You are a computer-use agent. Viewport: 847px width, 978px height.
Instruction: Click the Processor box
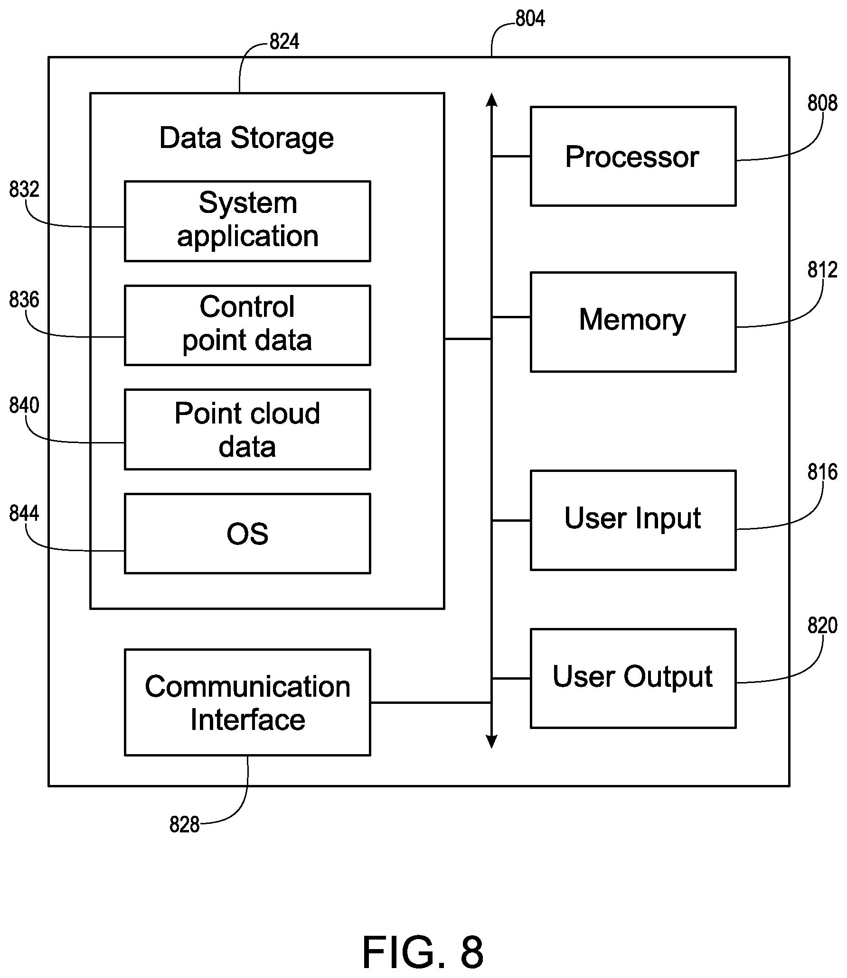(633, 156)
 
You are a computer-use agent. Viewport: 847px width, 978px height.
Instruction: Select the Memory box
(633, 322)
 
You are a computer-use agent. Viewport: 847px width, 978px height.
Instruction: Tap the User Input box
(633, 520)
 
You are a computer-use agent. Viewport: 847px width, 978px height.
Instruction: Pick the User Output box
(633, 679)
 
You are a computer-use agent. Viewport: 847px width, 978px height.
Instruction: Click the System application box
(247, 221)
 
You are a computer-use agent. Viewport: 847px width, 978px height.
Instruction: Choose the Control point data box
(247, 325)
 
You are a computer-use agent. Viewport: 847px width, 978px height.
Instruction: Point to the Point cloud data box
(247, 430)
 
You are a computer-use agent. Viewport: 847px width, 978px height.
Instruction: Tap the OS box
(247, 534)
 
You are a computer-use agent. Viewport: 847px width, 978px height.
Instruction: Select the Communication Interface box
(247, 702)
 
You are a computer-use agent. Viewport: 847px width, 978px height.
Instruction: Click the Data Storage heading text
(246, 138)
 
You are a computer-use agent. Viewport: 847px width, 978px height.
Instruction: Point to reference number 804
(530, 18)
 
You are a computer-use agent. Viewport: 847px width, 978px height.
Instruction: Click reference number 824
(284, 42)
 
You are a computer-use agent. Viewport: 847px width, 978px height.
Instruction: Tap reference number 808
(822, 103)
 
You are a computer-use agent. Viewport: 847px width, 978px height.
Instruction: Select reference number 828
(184, 825)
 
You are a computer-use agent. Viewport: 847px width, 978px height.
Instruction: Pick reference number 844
(24, 513)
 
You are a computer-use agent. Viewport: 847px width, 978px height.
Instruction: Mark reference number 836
(24, 300)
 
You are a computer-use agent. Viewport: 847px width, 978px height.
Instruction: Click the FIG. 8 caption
(423, 952)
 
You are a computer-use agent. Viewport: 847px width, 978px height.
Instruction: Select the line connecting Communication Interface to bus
(431, 702)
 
